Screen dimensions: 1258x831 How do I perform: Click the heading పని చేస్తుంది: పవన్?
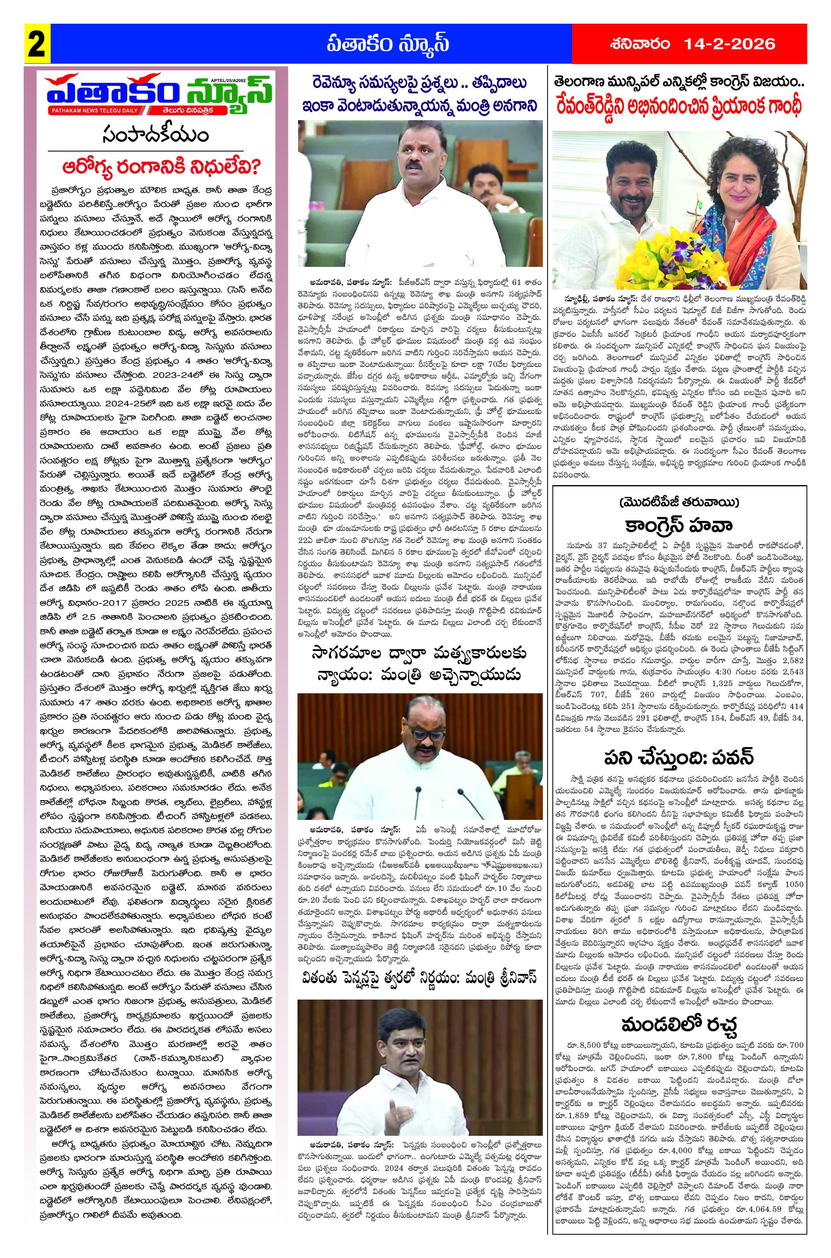[680, 758]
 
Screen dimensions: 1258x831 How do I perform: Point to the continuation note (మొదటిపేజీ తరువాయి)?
[680, 502]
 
